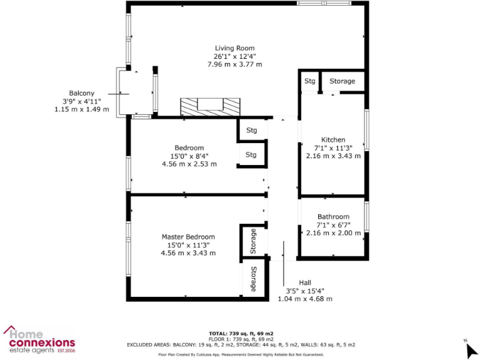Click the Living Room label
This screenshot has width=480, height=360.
(x=234, y=48)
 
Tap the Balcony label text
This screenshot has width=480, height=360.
(x=82, y=92)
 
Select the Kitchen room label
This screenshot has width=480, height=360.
(x=333, y=139)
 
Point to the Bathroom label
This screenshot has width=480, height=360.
(x=333, y=217)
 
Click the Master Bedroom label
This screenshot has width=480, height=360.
(x=188, y=237)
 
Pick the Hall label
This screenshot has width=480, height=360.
(x=304, y=282)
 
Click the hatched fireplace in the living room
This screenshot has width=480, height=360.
(x=209, y=107)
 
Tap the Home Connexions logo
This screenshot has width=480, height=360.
(x=39, y=339)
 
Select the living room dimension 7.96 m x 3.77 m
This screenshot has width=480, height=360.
(x=234, y=64)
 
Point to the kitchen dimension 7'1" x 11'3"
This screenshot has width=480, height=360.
(x=333, y=147)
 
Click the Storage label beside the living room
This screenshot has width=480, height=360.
(x=342, y=81)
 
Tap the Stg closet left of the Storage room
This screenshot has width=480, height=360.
(x=309, y=81)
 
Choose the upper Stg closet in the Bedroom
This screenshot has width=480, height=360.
(x=251, y=130)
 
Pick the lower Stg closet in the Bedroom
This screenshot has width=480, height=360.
(x=251, y=154)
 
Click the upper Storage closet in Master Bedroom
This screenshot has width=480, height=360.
(x=253, y=241)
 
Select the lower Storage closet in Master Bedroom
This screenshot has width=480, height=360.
(x=253, y=279)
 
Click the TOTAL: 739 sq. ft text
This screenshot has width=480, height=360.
(x=241, y=333)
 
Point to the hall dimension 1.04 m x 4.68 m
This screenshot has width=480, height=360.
(x=304, y=299)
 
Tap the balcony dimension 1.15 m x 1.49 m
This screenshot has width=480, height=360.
(x=82, y=109)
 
